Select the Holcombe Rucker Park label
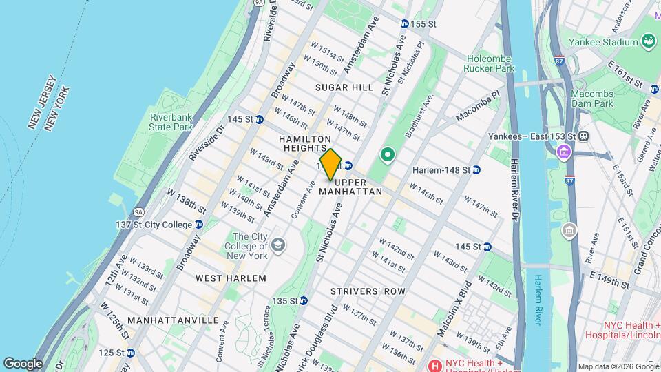click(x=490, y=63)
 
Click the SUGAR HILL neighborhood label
click(x=344, y=87)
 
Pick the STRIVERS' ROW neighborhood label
click(x=368, y=291)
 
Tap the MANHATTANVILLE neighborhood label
click(x=174, y=320)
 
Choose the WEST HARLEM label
click(x=231, y=278)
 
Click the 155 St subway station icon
click(x=405, y=24)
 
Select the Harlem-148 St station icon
click(x=476, y=170)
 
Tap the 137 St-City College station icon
click(x=198, y=224)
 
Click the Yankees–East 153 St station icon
click(x=583, y=135)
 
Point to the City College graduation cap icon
click(x=277, y=244)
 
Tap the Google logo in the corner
click(x=22, y=363)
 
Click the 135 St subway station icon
click(x=303, y=300)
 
